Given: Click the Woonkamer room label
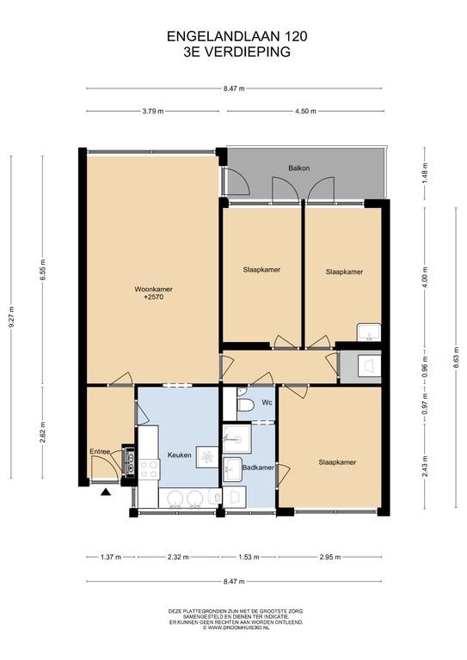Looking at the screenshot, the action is pyautogui.click(x=153, y=289).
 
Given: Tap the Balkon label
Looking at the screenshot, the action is pyautogui.click(x=299, y=168).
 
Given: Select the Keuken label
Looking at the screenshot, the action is pyautogui.click(x=180, y=455).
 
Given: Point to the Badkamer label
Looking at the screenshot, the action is pyautogui.click(x=258, y=467).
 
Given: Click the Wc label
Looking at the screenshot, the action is pyautogui.click(x=267, y=402).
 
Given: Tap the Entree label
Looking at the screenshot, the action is pyautogui.click(x=100, y=452).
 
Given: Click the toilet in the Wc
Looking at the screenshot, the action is pyautogui.click(x=245, y=406).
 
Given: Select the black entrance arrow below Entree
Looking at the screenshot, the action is pyautogui.click(x=105, y=492).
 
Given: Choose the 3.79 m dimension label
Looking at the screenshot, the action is pyautogui.click(x=152, y=111).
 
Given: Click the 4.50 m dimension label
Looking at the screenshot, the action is pyautogui.click(x=305, y=111).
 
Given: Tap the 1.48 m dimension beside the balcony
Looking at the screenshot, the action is pyautogui.click(x=425, y=173).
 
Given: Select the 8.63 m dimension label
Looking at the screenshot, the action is pyautogui.click(x=456, y=357).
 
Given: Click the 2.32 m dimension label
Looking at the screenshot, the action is pyautogui.click(x=178, y=557).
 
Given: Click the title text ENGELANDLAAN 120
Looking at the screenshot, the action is pyautogui.click(x=237, y=37).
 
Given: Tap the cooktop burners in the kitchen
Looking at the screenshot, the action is pyautogui.click(x=149, y=469).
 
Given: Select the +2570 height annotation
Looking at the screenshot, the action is pyautogui.click(x=153, y=297).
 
